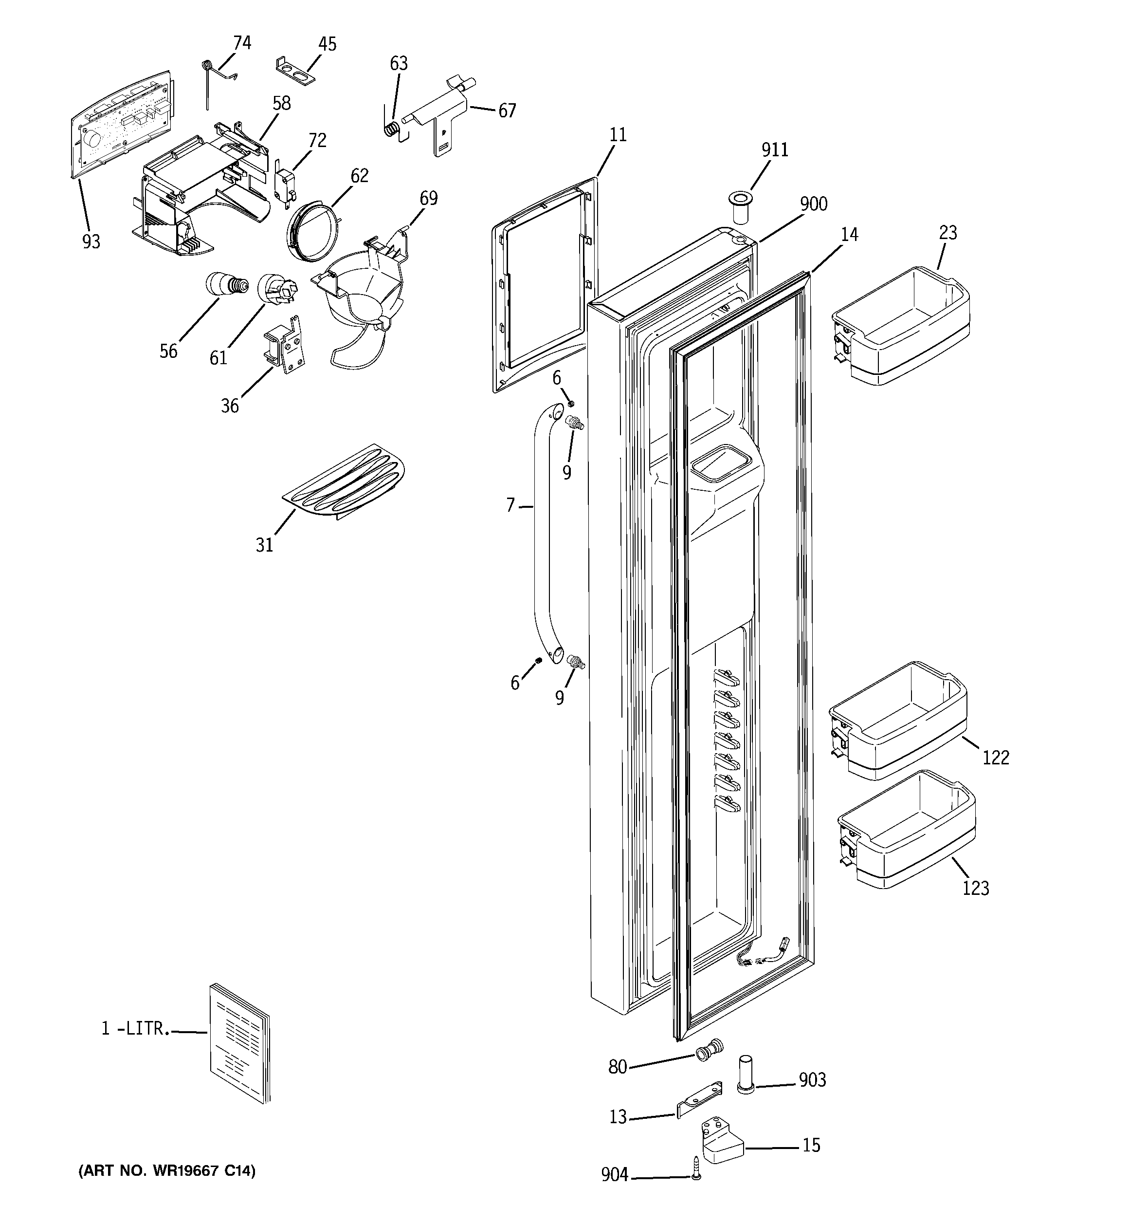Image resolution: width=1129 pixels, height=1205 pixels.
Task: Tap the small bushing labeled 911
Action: coord(741,207)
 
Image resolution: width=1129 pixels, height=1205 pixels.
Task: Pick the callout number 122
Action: coord(995,757)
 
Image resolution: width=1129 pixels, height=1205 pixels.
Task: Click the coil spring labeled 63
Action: coord(393,129)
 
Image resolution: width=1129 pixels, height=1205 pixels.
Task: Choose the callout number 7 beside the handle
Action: coord(510,504)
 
